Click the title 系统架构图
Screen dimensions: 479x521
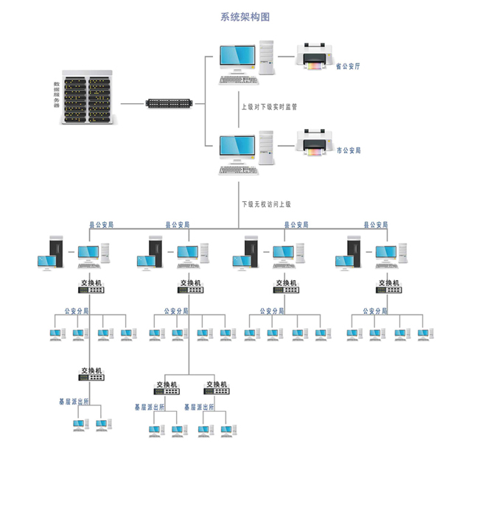[x=245, y=17]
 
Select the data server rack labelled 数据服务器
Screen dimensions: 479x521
[x=88, y=97]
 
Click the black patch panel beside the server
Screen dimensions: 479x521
[x=169, y=103]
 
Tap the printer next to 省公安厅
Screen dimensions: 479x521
[x=314, y=56]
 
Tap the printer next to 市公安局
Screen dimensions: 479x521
[x=314, y=142]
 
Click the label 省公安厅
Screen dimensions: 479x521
[x=348, y=66]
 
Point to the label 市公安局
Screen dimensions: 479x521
[x=349, y=150]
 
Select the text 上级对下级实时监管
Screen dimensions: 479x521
[x=269, y=107]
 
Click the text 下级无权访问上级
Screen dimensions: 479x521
[x=267, y=204]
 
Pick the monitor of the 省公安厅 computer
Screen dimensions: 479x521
[x=237, y=58]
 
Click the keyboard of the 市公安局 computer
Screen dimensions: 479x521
[x=238, y=170]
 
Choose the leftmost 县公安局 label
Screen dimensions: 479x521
[x=101, y=225]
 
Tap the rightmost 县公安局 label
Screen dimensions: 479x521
[x=376, y=225]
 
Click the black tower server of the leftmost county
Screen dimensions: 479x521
[x=56, y=251]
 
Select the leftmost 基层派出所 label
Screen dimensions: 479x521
[x=74, y=402]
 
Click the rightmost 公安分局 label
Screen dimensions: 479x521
[x=375, y=311]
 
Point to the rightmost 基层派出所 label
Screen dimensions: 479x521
[x=199, y=407]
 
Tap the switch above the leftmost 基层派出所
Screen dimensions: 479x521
[x=91, y=377]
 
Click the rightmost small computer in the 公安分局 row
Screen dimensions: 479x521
[x=425, y=335]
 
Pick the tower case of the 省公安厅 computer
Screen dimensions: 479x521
[x=267, y=57]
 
